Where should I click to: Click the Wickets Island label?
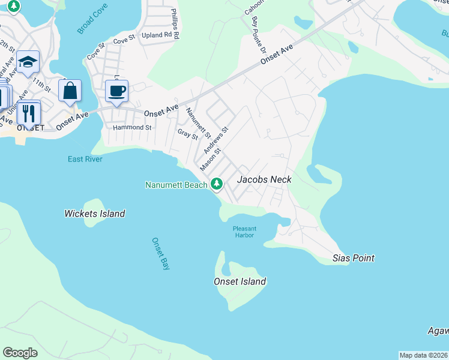[95, 214]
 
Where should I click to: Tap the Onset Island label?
[240, 281]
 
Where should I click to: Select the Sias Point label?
[354, 258]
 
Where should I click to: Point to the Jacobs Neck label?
[264, 179]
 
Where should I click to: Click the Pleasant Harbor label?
[244, 232]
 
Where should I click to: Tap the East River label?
[85, 159]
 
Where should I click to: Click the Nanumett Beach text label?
[176, 185]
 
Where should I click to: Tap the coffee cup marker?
[116, 92]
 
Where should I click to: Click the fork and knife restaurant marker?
[28, 113]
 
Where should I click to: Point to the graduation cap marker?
[27, 62]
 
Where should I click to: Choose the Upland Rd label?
[161, 35]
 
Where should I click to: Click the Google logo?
[20, 353]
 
